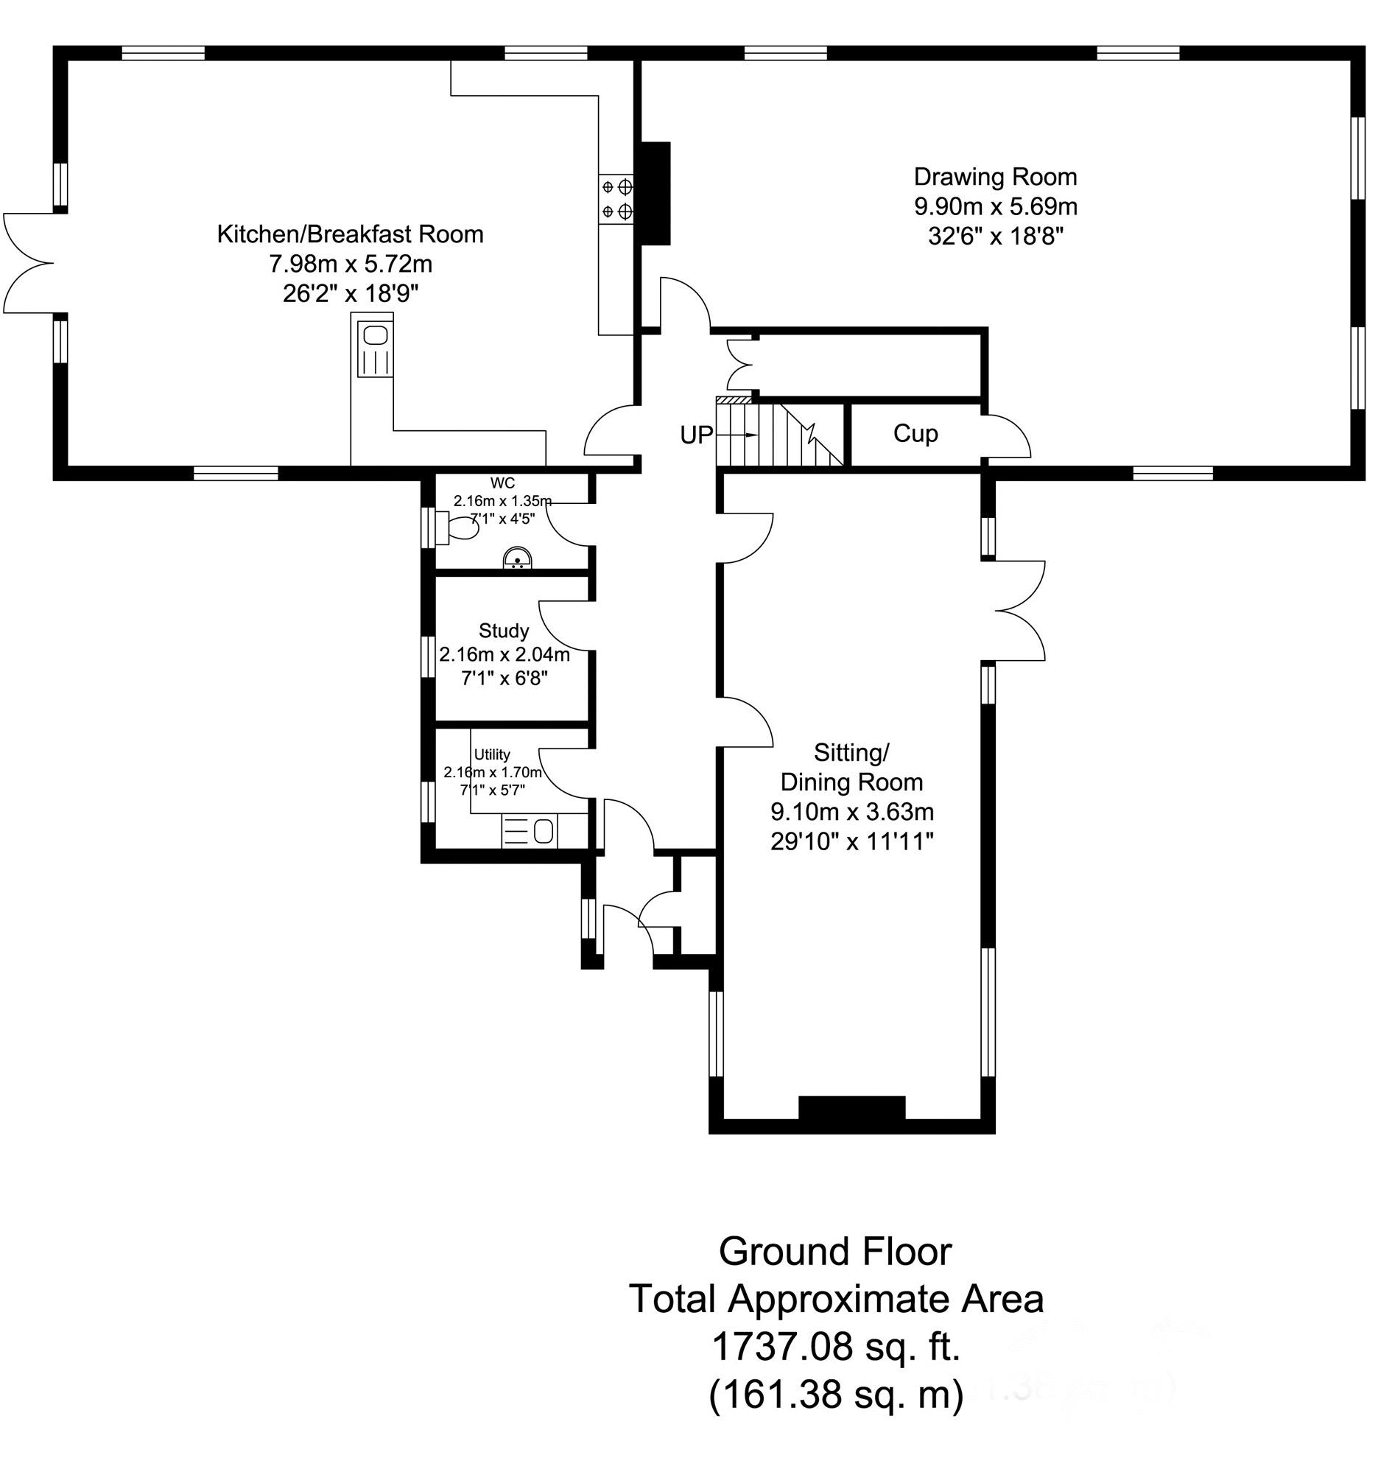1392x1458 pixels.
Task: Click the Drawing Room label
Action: coord(995,178)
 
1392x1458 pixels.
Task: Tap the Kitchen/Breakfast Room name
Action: coord(351,234)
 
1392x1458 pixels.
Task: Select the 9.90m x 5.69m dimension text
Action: coord(996,206)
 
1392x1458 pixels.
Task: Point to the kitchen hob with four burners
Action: coord(616,198)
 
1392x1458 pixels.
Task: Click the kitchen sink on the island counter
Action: coord(375,348)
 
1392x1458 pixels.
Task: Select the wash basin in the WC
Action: coord(517,558)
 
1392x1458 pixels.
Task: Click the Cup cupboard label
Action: coord(915,433)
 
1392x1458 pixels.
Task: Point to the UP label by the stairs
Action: coord(697,435)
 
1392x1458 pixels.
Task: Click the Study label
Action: coord(504,631)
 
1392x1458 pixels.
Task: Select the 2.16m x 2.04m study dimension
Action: coord(505,655)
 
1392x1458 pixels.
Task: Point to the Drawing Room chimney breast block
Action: coord(656,193)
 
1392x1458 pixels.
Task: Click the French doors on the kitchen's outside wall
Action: coord(29,263)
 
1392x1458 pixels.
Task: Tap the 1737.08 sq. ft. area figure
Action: coord(836,1347)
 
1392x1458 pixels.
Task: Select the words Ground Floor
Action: coord(835,1252)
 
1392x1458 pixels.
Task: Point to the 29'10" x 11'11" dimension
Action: coord(852,842)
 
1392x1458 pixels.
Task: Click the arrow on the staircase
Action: coord(745,435)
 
